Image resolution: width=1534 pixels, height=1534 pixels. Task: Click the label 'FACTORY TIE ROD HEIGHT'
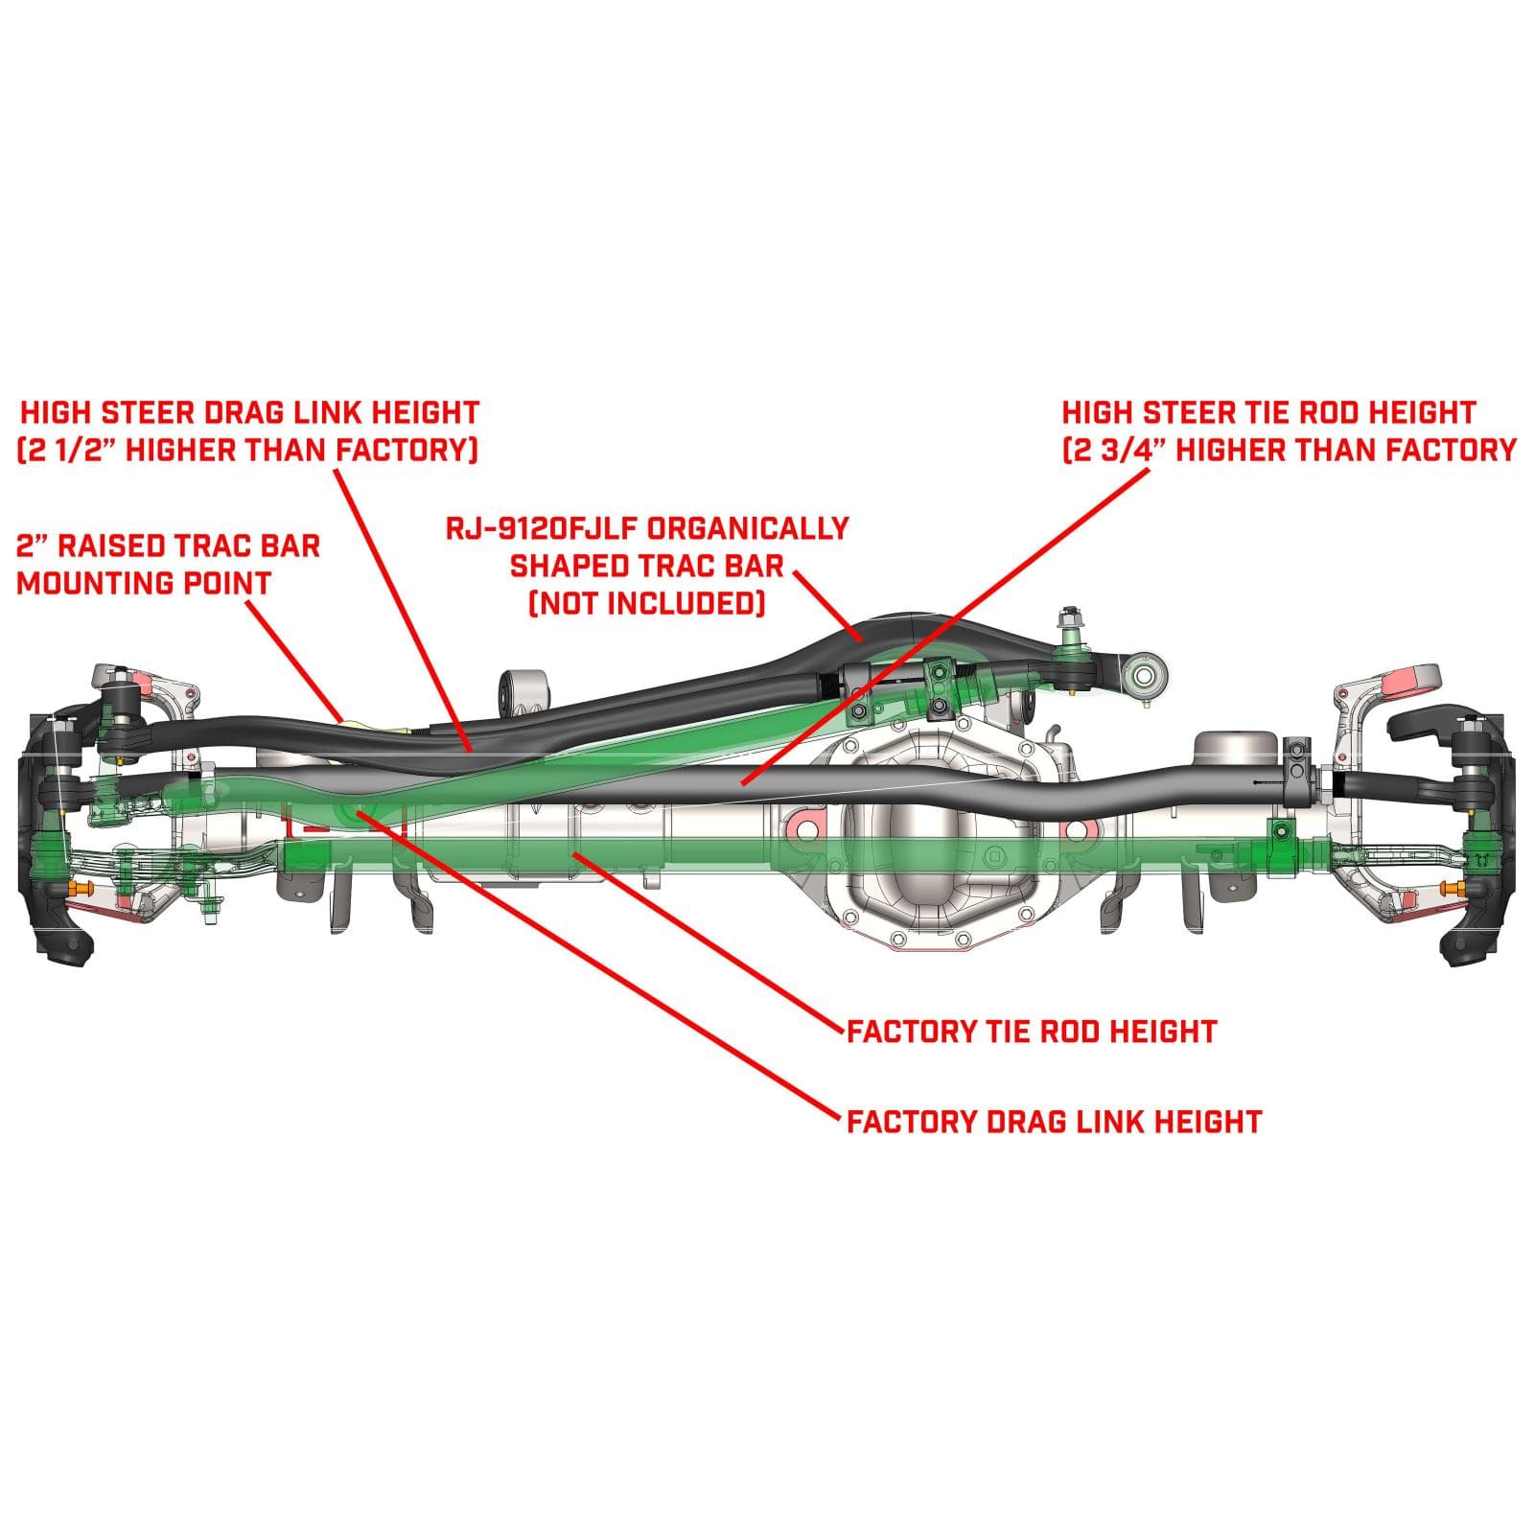[x=1032, y=1032]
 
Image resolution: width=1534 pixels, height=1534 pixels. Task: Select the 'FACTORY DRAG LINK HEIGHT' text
[x=1054, y=1121]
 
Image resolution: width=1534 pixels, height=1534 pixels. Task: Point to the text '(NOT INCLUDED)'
[x=647, y=603]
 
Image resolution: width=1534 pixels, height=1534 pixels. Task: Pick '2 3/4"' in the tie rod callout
[x=1114, y=450]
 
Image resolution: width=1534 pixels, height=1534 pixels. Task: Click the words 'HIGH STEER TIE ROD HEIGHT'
[x=1267, y=413]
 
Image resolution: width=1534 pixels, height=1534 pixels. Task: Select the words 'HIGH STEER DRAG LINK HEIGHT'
[x=249, y=413]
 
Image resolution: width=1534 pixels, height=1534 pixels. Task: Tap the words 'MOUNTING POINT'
[x=144, y=582]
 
